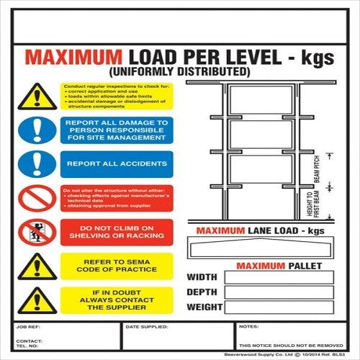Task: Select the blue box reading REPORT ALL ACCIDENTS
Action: [x=117, y=164]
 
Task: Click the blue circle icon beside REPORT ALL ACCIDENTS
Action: [x=35, y=164]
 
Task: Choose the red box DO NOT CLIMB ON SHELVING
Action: [x=117, y=232]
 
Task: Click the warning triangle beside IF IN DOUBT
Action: [x=35, y=300]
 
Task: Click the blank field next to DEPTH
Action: [x=278, y=292]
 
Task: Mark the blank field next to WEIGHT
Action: [x=278, y=307]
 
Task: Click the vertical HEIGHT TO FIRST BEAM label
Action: [x=312, y=206]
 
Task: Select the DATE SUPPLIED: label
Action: [x=142, y=327]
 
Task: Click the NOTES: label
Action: [x=248, y=327]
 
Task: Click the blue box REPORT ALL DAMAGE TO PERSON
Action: [x=117, y=130]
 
